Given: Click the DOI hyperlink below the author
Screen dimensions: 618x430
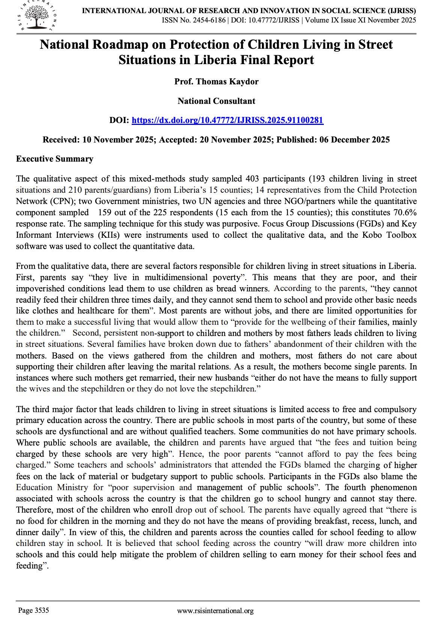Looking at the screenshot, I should coord(227,120).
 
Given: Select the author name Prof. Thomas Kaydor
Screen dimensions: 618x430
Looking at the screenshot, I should coord(216,81).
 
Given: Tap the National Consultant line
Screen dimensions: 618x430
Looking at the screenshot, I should coord(216,101).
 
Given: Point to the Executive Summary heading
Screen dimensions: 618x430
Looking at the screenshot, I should coord(54,159).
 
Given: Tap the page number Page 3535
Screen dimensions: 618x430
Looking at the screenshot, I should coord(33,610).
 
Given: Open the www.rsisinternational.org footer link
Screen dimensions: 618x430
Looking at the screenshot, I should coord(215,611).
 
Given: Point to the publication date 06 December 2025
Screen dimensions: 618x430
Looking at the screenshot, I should coord(354,139).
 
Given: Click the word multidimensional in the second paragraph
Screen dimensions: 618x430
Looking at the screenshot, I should coord(176,277).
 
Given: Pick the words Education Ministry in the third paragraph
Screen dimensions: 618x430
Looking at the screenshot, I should coord(52,487).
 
